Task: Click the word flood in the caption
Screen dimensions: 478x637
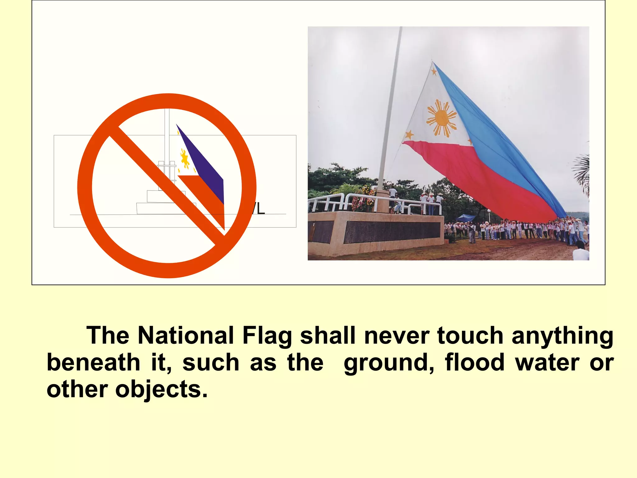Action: tap(475, 363)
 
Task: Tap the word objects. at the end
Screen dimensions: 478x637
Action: tap(161, 390)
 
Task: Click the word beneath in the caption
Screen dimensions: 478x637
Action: tap(93, 363)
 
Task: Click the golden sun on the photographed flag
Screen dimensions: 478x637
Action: tap(441, 118)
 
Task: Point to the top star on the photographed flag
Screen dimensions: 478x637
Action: tap(434, 72)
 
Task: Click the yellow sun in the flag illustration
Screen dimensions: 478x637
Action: tap(185, 159)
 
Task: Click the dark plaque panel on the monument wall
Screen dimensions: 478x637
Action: tap(392, 232)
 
